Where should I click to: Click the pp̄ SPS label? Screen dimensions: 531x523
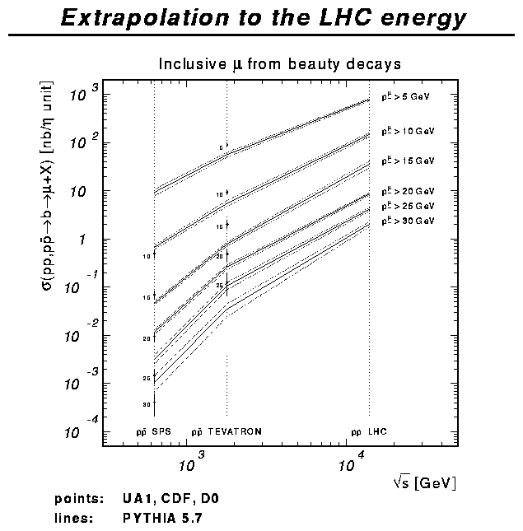pyautogui.click(x=153, y=431)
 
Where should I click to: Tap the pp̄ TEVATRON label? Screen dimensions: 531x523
pyautogui.click(x=226, y=431)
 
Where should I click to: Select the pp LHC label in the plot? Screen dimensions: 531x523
pyautogui.click(x=369, y=431)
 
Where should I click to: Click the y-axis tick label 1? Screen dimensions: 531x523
pyautogui.click(x=86, y=240)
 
